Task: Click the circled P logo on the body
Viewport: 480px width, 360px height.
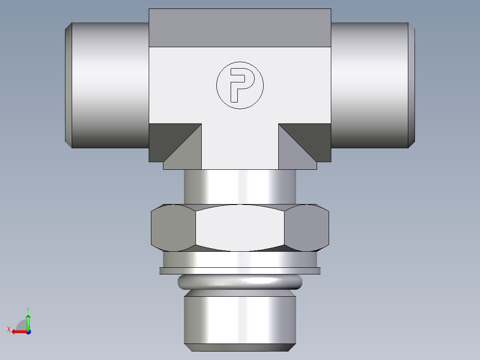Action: click(240, 85)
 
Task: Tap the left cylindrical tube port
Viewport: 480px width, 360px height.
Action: click(109, 85)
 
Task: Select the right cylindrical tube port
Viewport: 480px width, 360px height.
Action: click(370, 85)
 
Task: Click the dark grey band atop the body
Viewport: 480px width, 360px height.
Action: click(240, 28)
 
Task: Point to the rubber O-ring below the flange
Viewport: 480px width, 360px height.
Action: click(240, 282)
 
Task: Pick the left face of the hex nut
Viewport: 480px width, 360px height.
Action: click(173, 227)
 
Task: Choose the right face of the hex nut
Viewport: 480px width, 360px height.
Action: click(306, 227)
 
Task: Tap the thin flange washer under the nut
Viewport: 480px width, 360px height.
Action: click(240, 270)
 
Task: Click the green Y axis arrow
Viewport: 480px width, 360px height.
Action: click(28, 320)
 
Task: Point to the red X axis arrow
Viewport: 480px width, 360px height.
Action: click(17, 331)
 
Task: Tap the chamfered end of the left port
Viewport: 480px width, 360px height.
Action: click(68, 85)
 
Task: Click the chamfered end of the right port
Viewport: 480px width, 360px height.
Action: click(412, 85)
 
